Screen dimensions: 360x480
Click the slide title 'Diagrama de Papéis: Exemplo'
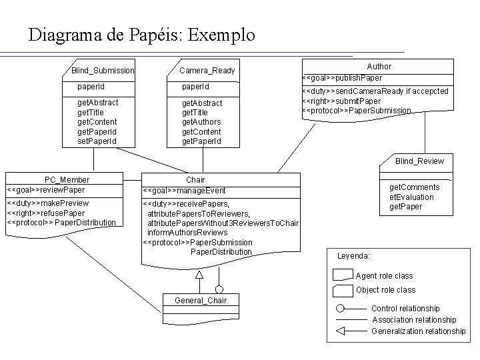tap(141, 35)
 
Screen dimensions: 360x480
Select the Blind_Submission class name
tap(103, 71)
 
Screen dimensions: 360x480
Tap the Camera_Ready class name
tap(207, 71)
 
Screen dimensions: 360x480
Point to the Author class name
tap(379, 67)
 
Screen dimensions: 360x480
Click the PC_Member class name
tap(67, 180)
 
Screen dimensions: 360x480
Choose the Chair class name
tap(195, 180)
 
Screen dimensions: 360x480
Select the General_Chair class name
tap(200, 301)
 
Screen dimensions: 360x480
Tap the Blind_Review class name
tap(419, 161)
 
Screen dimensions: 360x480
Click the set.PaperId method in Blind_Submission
tap(97, 141)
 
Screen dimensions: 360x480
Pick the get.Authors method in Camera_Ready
tap(201, 122)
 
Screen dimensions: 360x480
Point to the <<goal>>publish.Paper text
tap(343, 78)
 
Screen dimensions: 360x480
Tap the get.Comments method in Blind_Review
tap(414, 188)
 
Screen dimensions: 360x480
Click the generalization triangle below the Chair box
tap(199, 274)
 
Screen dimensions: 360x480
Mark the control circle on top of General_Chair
tap(219, 289)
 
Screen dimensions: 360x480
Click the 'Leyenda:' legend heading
tap(354, 256)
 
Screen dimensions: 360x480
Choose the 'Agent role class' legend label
tap(384, 276)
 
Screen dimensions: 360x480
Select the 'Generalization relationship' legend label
tap(418, 331)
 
